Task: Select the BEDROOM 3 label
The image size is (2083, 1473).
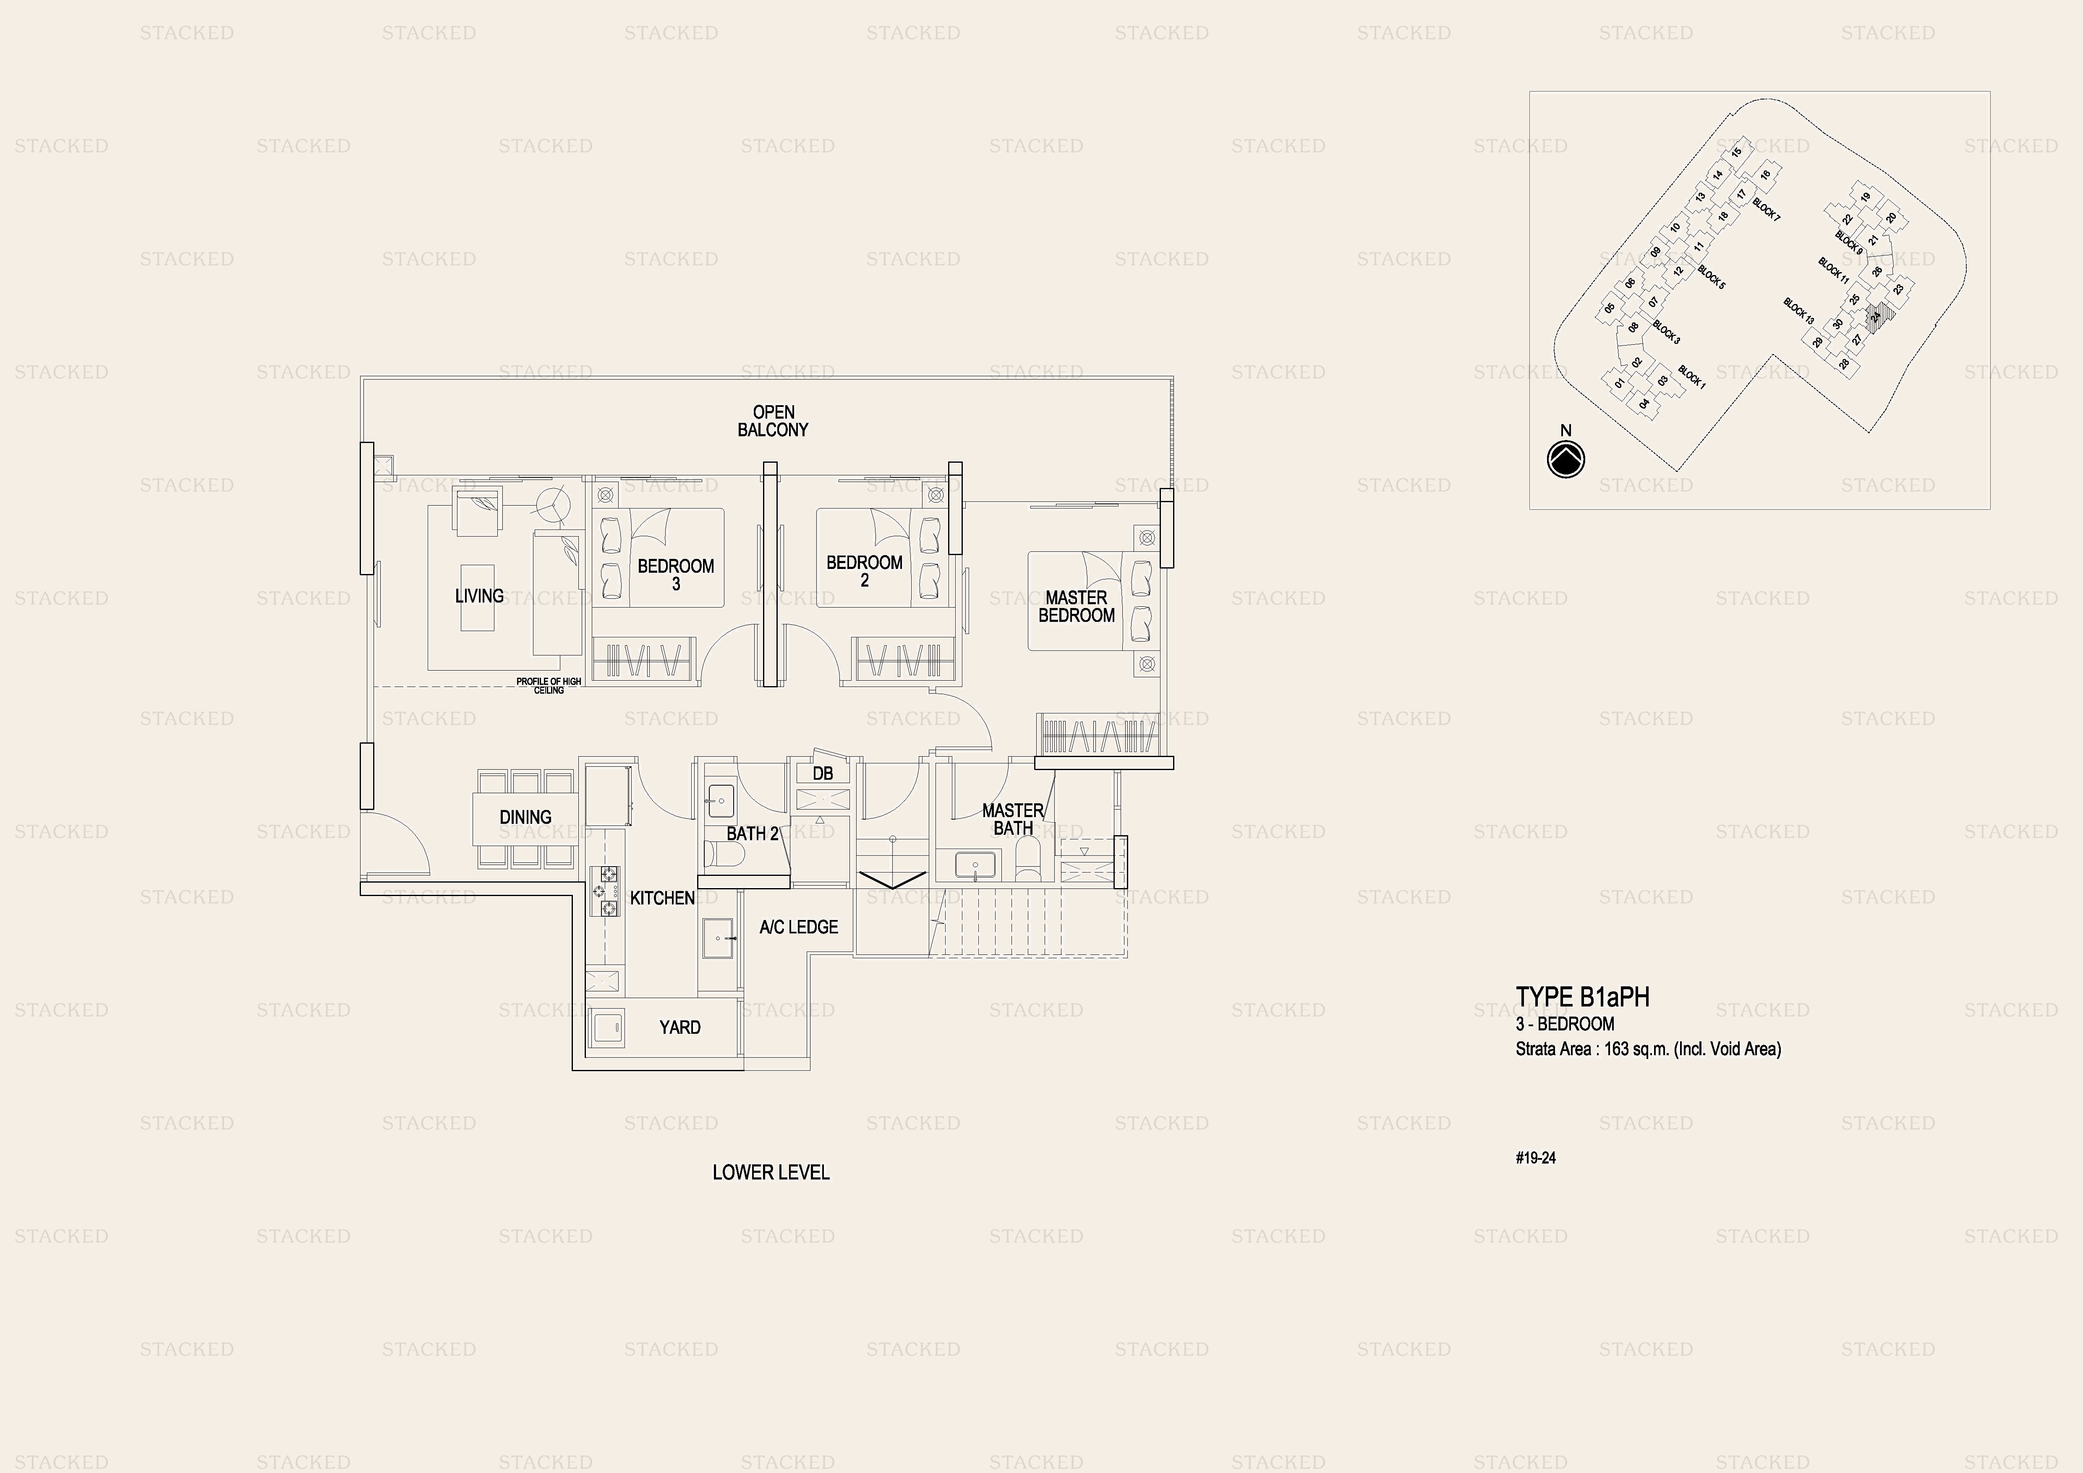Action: click(x=676, y=574)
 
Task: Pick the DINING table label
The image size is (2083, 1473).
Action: click(x=525, y=817)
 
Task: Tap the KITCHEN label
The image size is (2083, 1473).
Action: click(x=662, y=898)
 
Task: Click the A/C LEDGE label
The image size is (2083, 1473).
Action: click(x=798, y=927)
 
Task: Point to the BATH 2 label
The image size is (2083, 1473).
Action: click(x=752, y=833)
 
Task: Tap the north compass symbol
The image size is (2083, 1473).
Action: click(x=1566, y=459)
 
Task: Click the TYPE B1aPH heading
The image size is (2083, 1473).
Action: click(x=1582, y=996)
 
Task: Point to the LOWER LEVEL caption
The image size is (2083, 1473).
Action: click(x=771, y=1173)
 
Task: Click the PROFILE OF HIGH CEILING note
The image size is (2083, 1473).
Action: click(x=549, y=685)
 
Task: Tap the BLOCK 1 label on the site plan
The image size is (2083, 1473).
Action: click(x=1692, y=377)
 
